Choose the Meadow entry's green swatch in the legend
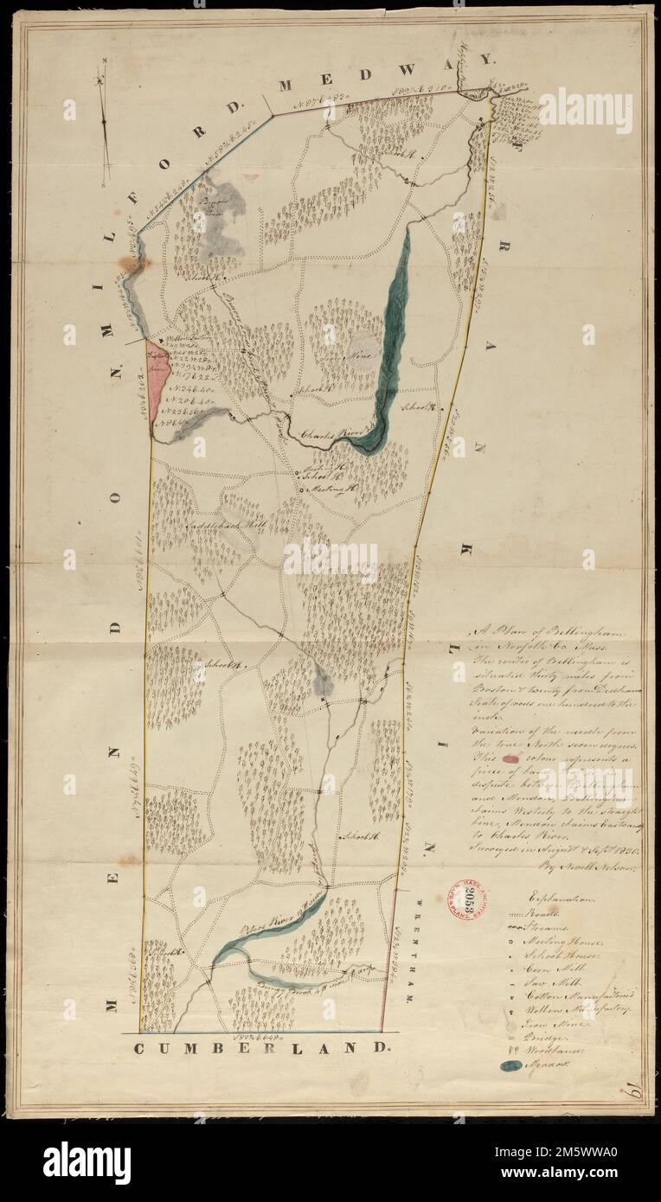511,1066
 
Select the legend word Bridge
542,1031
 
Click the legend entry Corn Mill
546,968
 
